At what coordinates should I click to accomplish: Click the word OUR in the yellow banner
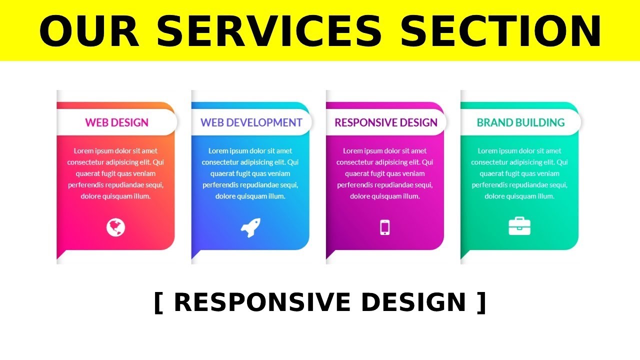click(89, 31)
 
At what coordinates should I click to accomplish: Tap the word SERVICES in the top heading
click(269, 31)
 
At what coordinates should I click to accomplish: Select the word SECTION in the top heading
click(500, 31)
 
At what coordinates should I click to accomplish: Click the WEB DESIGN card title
click(116, 122)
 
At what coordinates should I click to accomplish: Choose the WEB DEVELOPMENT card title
click(251, 122)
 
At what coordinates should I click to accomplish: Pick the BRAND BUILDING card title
click(520, 122)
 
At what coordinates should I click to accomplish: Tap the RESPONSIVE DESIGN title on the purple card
click(386, 122)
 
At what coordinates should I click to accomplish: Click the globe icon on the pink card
click(115, 227)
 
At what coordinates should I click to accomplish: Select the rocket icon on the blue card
click(250, 227)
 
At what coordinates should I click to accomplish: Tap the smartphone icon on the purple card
click(385, 227)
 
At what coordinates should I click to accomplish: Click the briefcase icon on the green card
click(519, 226)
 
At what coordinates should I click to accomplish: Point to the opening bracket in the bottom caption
click(158, 303)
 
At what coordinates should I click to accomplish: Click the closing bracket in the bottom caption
click(481, 303)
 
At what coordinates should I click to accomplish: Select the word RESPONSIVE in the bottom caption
click(262, 302)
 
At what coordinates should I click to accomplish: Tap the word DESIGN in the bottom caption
click(413, 302)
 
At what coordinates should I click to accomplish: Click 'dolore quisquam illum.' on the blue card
click(250, 196)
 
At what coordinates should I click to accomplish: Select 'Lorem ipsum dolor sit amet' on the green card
click(519, 151)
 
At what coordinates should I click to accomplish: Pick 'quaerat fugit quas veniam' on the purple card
click(385, 173)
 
